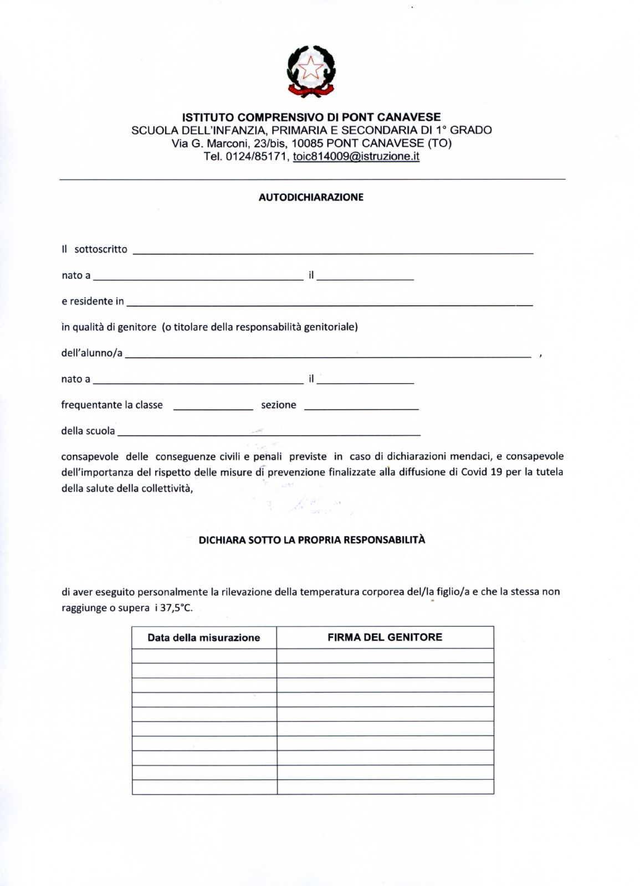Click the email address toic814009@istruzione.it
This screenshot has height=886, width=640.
tap(356, 157)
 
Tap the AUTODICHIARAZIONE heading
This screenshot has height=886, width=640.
tap(311, 197)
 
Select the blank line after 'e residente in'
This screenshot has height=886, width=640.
tap(329, 302)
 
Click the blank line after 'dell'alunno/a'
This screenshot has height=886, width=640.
tap(327, 354)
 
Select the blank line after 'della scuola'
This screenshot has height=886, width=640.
tap(269, 431)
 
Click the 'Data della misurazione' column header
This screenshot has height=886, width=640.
tap(204, 638)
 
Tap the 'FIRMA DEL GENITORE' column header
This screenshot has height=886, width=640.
tap(385, 637)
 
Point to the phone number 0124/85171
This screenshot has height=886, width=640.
tap(255, 157)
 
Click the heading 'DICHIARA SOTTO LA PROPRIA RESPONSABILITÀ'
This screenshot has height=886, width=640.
tap(312, 540)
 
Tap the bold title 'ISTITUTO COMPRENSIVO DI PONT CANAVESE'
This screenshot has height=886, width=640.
tap(311, 117)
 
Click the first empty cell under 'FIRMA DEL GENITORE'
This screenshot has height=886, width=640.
tap(385, 656)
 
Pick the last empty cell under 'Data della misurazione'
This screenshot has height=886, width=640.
tap(204, 787)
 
